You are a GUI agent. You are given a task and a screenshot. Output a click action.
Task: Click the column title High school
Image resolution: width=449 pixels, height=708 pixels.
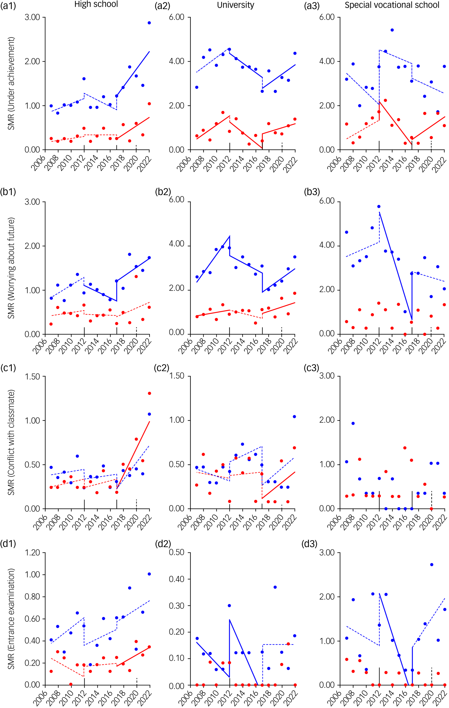point(96,4)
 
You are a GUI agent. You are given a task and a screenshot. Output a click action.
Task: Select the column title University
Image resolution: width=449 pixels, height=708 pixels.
point(235,5)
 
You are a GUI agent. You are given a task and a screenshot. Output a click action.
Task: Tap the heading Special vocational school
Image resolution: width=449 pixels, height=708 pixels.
point(392,5)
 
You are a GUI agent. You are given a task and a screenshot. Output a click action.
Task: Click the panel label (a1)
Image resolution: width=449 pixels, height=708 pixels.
point(8,6)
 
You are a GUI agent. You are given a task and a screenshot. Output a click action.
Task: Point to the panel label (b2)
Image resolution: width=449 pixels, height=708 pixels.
point(163,192)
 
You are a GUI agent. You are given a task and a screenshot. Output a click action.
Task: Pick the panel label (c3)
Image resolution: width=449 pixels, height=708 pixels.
point(311,368)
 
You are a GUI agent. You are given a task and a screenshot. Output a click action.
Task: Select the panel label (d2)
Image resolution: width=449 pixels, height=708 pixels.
point(163,544)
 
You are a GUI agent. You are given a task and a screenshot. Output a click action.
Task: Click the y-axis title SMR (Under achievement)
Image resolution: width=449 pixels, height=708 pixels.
point(11,83)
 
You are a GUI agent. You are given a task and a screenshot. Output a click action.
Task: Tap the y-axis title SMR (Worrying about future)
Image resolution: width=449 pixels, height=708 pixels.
point(11,268)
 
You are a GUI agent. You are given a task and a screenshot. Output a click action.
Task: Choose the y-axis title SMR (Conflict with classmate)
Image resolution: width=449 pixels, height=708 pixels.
point(11,442)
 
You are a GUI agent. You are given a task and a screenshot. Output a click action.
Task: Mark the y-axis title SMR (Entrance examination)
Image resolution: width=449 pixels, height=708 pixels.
point(11,619)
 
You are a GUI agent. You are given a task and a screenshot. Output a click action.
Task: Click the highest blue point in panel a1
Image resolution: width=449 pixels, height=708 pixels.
point(149,23)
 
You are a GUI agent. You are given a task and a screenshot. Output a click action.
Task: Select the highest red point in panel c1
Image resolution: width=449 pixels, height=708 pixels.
point(149,393)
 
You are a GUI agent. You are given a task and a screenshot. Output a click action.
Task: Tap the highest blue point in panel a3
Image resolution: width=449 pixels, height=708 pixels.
point(392,30)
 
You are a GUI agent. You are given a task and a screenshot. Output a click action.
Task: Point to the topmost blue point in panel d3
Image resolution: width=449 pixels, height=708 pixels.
point(432,565)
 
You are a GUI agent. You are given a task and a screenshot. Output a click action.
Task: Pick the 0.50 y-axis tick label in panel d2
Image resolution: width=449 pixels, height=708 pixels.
point(176,552)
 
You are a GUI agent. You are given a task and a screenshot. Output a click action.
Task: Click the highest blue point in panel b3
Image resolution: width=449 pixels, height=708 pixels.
point(379,207)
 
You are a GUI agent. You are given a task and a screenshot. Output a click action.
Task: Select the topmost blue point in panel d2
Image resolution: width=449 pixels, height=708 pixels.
point(275,587)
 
